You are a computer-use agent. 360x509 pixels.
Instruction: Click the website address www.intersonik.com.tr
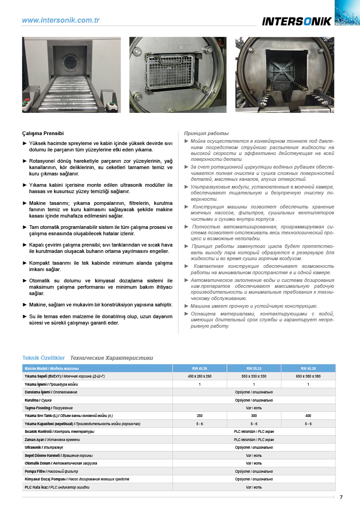click(61, 20)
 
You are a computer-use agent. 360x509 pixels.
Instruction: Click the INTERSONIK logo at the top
click(297, 21)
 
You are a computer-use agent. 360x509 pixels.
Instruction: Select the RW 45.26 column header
click(199, 368)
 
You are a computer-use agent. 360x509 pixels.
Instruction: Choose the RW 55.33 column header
click(253, 368)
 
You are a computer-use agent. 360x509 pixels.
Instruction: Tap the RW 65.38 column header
click(308, 368)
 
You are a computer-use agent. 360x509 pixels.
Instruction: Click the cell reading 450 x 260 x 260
click(199, 377)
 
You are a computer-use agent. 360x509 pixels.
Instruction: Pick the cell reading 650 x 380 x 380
click(308, 377)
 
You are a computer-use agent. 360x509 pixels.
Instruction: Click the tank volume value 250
click(199, 416)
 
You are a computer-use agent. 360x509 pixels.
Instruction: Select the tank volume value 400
click(308, 416)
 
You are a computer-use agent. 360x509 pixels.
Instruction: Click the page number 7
click(341, 497)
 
